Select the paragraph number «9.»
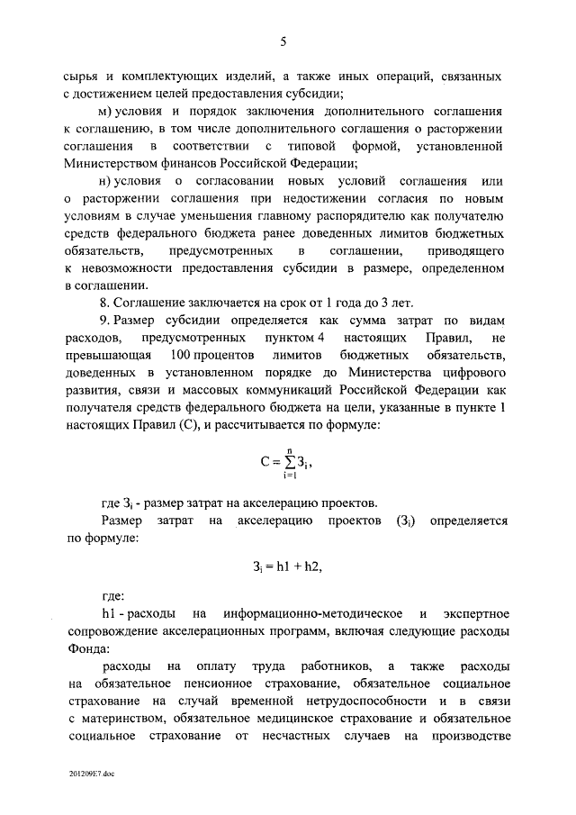coord(105,321)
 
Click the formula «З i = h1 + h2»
coord(286,567)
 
